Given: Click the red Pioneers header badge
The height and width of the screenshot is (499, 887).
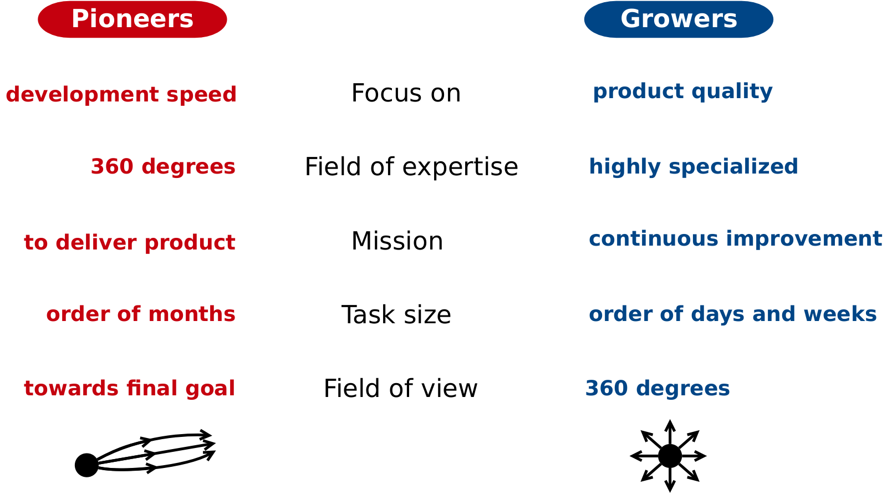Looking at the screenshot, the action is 132,19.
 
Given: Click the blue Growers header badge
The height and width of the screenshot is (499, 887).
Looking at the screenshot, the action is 679,19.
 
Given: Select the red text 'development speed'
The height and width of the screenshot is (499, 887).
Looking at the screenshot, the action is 121,95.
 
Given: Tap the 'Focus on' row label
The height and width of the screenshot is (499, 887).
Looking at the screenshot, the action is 406,94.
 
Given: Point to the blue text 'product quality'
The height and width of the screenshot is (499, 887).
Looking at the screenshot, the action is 682,91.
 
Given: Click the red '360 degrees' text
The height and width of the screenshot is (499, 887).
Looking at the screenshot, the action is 163,166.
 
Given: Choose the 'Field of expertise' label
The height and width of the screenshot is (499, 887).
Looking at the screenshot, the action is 411,167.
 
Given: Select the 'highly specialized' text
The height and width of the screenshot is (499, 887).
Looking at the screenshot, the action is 694,167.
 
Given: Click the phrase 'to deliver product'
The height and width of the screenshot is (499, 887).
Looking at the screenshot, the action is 130,242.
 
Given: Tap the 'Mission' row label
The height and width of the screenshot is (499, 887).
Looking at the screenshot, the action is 397,241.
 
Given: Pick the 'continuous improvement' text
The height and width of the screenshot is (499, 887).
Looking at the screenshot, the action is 735,239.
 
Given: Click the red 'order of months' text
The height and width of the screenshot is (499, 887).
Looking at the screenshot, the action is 141,314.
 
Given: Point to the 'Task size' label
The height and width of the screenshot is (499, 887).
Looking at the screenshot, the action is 396,315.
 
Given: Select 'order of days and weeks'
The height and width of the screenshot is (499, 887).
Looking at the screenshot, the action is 732,314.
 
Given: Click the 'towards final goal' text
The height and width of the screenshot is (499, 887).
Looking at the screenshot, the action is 130,388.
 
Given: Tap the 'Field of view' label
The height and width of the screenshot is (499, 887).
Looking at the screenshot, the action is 400,388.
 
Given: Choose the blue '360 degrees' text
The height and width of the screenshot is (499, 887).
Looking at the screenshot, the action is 657,388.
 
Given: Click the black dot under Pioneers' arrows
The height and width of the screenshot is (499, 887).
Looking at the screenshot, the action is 86,465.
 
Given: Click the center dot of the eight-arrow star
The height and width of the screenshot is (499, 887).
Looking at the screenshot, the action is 670,456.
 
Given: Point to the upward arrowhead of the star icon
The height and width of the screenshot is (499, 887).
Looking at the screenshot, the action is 670,426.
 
